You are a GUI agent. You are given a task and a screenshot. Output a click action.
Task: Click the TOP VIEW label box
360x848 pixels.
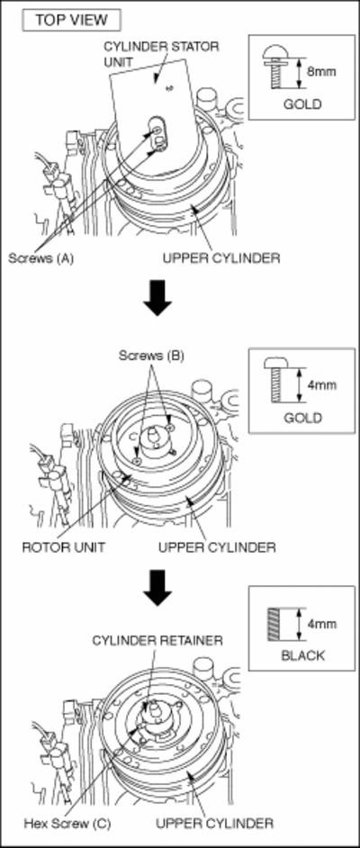(71, 21)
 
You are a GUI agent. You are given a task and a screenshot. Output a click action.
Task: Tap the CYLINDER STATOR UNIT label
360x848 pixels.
(161, 54)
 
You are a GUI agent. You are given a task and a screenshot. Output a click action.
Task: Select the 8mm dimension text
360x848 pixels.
(321, 71)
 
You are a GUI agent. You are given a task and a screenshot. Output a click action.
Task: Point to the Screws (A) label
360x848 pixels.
(40, 258)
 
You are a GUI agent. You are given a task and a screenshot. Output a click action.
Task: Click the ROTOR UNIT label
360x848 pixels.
(63, 547)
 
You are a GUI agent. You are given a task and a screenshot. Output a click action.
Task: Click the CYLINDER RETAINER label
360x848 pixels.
(157, 640)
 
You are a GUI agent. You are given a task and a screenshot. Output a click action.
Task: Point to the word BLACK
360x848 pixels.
(302, 656)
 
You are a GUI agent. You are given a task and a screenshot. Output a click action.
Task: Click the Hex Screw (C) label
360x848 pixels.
(67, 825)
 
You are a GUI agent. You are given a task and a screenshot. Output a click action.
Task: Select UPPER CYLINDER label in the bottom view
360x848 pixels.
(214, 824)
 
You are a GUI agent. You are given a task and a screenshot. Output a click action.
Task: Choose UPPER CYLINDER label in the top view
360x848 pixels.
(221, 258)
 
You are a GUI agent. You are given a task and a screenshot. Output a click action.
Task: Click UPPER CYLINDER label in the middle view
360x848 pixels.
(217, 547)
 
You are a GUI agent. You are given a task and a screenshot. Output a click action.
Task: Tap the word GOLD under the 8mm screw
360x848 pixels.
(302, 104)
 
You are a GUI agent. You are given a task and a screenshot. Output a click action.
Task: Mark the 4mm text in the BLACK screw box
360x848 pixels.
(321, 624)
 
